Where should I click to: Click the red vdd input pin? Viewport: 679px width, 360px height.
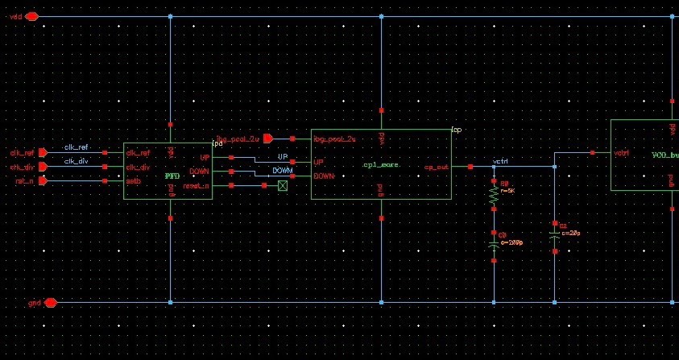[31, 16]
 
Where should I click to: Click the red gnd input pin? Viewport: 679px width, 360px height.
[50, 303]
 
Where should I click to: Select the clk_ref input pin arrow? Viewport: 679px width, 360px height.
[43, 152]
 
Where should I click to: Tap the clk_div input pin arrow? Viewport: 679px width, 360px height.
[43, 167]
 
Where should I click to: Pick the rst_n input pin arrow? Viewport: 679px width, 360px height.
[43, 181]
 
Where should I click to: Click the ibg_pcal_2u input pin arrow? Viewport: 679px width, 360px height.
[268, 139]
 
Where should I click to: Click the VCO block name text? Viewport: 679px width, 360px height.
[665, 154]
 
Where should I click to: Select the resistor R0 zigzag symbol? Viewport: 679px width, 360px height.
[494, 196]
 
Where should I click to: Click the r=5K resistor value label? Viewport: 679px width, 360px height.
[507, 192]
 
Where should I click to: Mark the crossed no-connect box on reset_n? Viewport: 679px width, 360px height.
[283, 186]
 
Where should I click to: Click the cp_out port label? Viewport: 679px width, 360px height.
[436, 168]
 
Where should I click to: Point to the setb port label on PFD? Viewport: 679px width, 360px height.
[134, 181]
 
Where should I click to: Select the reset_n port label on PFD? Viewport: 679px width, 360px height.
[196, 186]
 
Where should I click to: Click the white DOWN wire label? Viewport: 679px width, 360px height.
[282, 171]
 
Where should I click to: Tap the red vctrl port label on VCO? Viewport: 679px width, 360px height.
[621, 152]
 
